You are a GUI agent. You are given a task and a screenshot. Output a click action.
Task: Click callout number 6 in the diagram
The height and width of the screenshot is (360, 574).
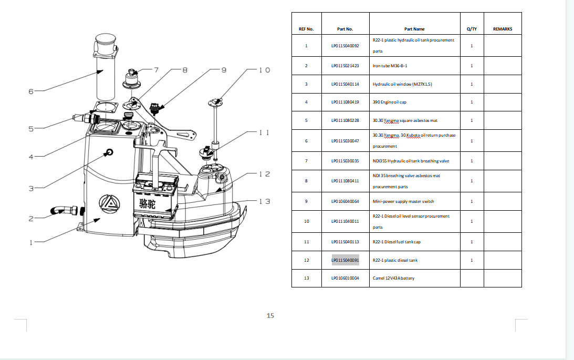pos(31,91)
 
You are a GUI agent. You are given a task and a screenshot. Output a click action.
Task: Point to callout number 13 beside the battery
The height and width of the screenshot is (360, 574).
pos(265,201)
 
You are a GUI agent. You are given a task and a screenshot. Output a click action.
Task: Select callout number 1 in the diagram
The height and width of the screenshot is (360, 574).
pos(31,243)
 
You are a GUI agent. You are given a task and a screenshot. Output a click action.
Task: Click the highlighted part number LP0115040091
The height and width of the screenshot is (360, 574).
pos(345,260)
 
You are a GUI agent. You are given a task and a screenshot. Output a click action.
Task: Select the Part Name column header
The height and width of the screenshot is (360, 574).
pos(414,29)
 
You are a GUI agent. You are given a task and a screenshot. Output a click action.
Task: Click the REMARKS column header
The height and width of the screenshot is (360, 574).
pos(503,29)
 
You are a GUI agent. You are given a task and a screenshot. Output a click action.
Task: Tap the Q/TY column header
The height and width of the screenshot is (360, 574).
pos(472,29)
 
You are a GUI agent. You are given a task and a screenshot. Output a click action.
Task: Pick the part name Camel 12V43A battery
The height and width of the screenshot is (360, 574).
pos(393,278)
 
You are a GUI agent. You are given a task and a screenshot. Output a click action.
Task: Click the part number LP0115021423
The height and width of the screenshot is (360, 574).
pos(345,66)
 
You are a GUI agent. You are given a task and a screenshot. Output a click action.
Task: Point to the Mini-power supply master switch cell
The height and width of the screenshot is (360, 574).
pos(403,201)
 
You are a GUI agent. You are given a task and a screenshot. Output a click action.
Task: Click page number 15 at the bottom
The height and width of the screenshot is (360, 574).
pos(270,316)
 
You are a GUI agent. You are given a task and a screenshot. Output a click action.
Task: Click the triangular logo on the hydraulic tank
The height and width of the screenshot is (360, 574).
pos(109,202)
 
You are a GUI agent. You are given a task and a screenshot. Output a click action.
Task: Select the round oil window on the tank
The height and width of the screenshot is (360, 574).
pos(109,152)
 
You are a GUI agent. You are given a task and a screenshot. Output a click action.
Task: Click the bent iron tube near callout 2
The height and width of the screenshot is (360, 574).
pos(59,211)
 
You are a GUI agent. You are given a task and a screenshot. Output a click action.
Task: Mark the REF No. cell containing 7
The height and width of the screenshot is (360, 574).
pos(306,161)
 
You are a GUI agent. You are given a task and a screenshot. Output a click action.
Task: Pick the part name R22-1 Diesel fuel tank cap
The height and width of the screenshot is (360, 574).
pos(396,242)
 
